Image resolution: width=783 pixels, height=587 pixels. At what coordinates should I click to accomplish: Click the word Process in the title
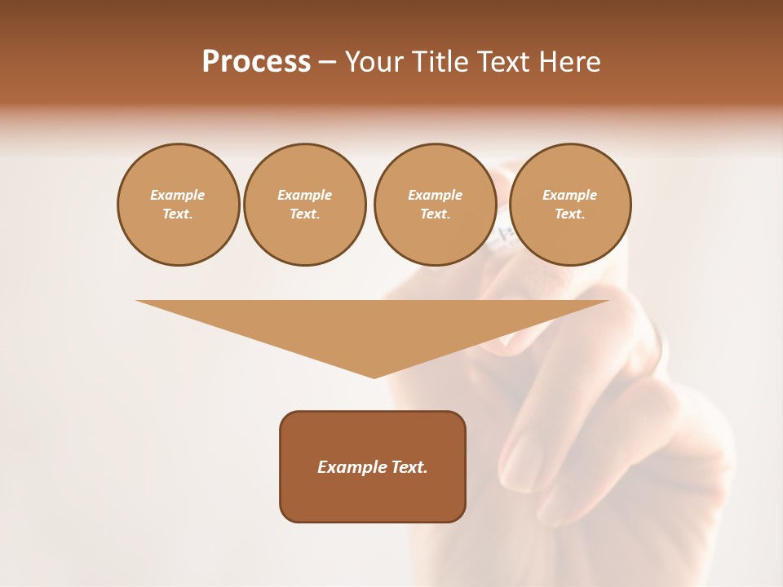point(256,62)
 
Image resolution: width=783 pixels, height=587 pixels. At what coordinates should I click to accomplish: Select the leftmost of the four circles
point(179,205)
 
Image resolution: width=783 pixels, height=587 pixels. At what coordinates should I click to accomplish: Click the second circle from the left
point(305,205)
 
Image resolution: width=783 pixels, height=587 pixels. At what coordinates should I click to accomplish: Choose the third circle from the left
point(436,205)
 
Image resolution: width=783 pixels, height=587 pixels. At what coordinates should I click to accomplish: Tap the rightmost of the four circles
point(570,205)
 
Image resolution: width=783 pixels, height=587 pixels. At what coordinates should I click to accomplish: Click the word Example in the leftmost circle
point(178,195)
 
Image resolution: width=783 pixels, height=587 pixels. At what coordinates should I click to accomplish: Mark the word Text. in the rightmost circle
point(570,214)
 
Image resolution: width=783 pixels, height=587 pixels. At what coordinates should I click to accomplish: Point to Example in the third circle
point(436,195)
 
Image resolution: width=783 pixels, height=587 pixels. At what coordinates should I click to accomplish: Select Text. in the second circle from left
point(305,214)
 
